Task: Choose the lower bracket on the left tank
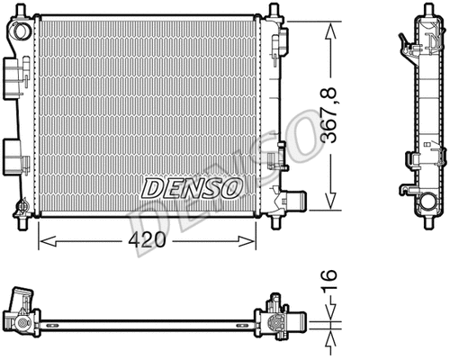(12, 152)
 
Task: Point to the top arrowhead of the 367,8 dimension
(332, 22)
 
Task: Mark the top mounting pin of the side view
(418, 11)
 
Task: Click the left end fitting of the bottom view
(23, 315)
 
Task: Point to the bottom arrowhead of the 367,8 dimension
(332, 204)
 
